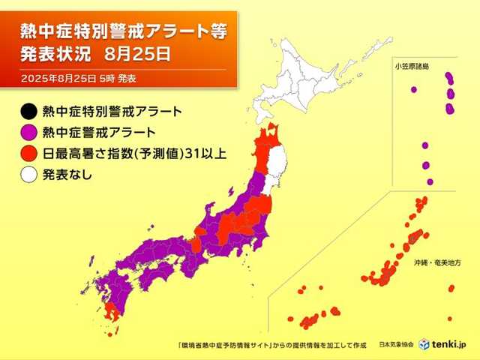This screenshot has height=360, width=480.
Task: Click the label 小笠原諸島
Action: point(412,67)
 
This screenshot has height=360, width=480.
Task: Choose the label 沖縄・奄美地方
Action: point(436,264)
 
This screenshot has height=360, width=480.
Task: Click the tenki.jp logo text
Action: point(449,344)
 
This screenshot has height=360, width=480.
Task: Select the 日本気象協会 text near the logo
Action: point(395,344)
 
